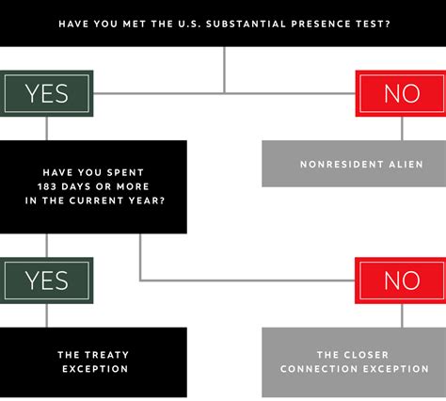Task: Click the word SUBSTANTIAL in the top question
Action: pos(246,24)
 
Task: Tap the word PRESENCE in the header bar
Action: pos(321,24)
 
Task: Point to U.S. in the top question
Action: pos(189,24)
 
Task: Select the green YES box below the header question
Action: pos(46,93)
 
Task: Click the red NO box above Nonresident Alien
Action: pos(401,93)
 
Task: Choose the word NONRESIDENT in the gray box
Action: pos(342,164)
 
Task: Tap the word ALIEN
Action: pos(406,164)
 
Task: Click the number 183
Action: pos(47,186)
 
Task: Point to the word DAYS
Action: pos(76,186)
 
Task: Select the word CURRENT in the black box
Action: pos(97,200)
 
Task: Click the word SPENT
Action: pos(125,172)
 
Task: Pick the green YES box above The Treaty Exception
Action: pos(46,281)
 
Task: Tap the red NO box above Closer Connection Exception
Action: pos(401,281)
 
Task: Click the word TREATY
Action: pos(106,355)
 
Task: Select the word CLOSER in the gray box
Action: pos(366,355)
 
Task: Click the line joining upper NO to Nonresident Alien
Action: pos(402,129)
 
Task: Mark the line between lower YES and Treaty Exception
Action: pos(47,315)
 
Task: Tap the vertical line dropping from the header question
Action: pos(224,71)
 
